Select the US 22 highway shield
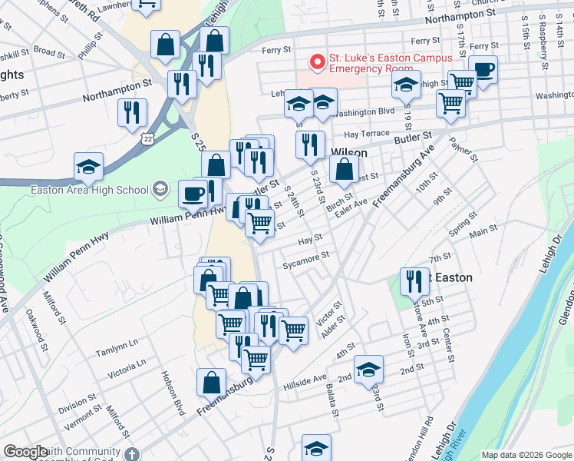point(147,138)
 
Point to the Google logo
point(26,452)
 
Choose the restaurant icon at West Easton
point(414,283)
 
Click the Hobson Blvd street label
point(173,392)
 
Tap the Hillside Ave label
point(305,380)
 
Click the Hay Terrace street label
point(367,133)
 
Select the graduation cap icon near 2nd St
point(369,370)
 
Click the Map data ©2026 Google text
point(526,455)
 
